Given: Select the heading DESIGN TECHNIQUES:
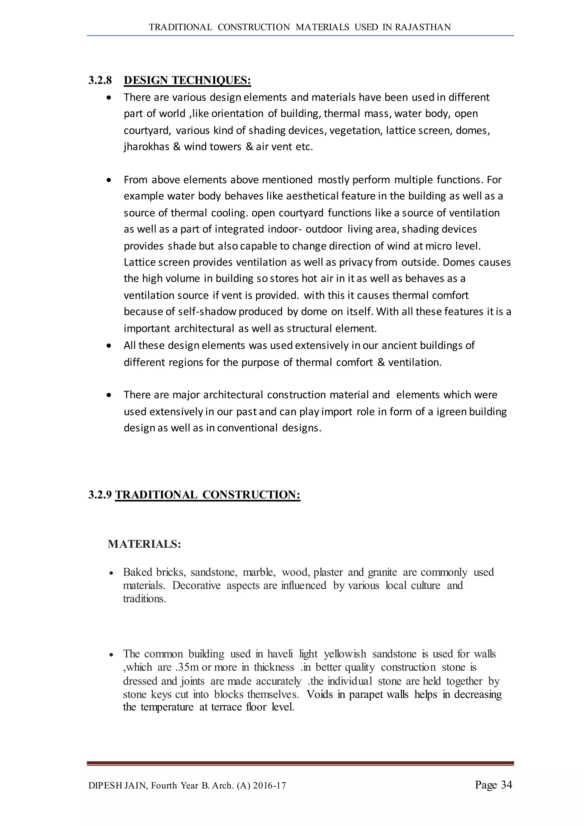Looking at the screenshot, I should point(187,80).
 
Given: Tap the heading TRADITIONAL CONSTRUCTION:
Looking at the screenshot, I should point(208,495).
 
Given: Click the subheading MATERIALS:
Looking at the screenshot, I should point(144,544).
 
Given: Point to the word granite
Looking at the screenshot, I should point(382,572).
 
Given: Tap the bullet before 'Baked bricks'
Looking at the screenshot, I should point(111,573).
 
